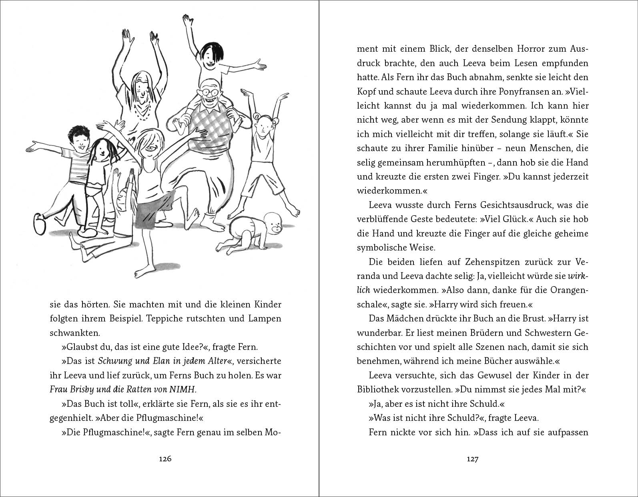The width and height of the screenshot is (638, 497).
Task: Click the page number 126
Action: tap(165, 459)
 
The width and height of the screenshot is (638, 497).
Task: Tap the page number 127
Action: tap(472, 459)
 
